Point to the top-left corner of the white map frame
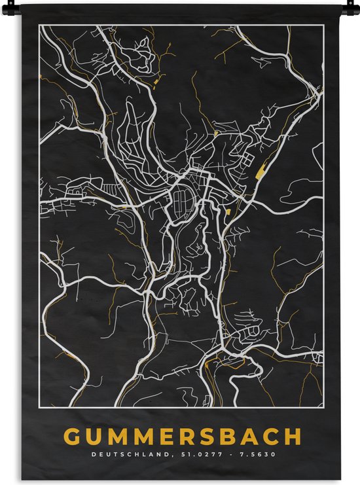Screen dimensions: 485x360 coord(39,26)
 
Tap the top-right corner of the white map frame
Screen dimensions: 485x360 coord(324,26)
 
